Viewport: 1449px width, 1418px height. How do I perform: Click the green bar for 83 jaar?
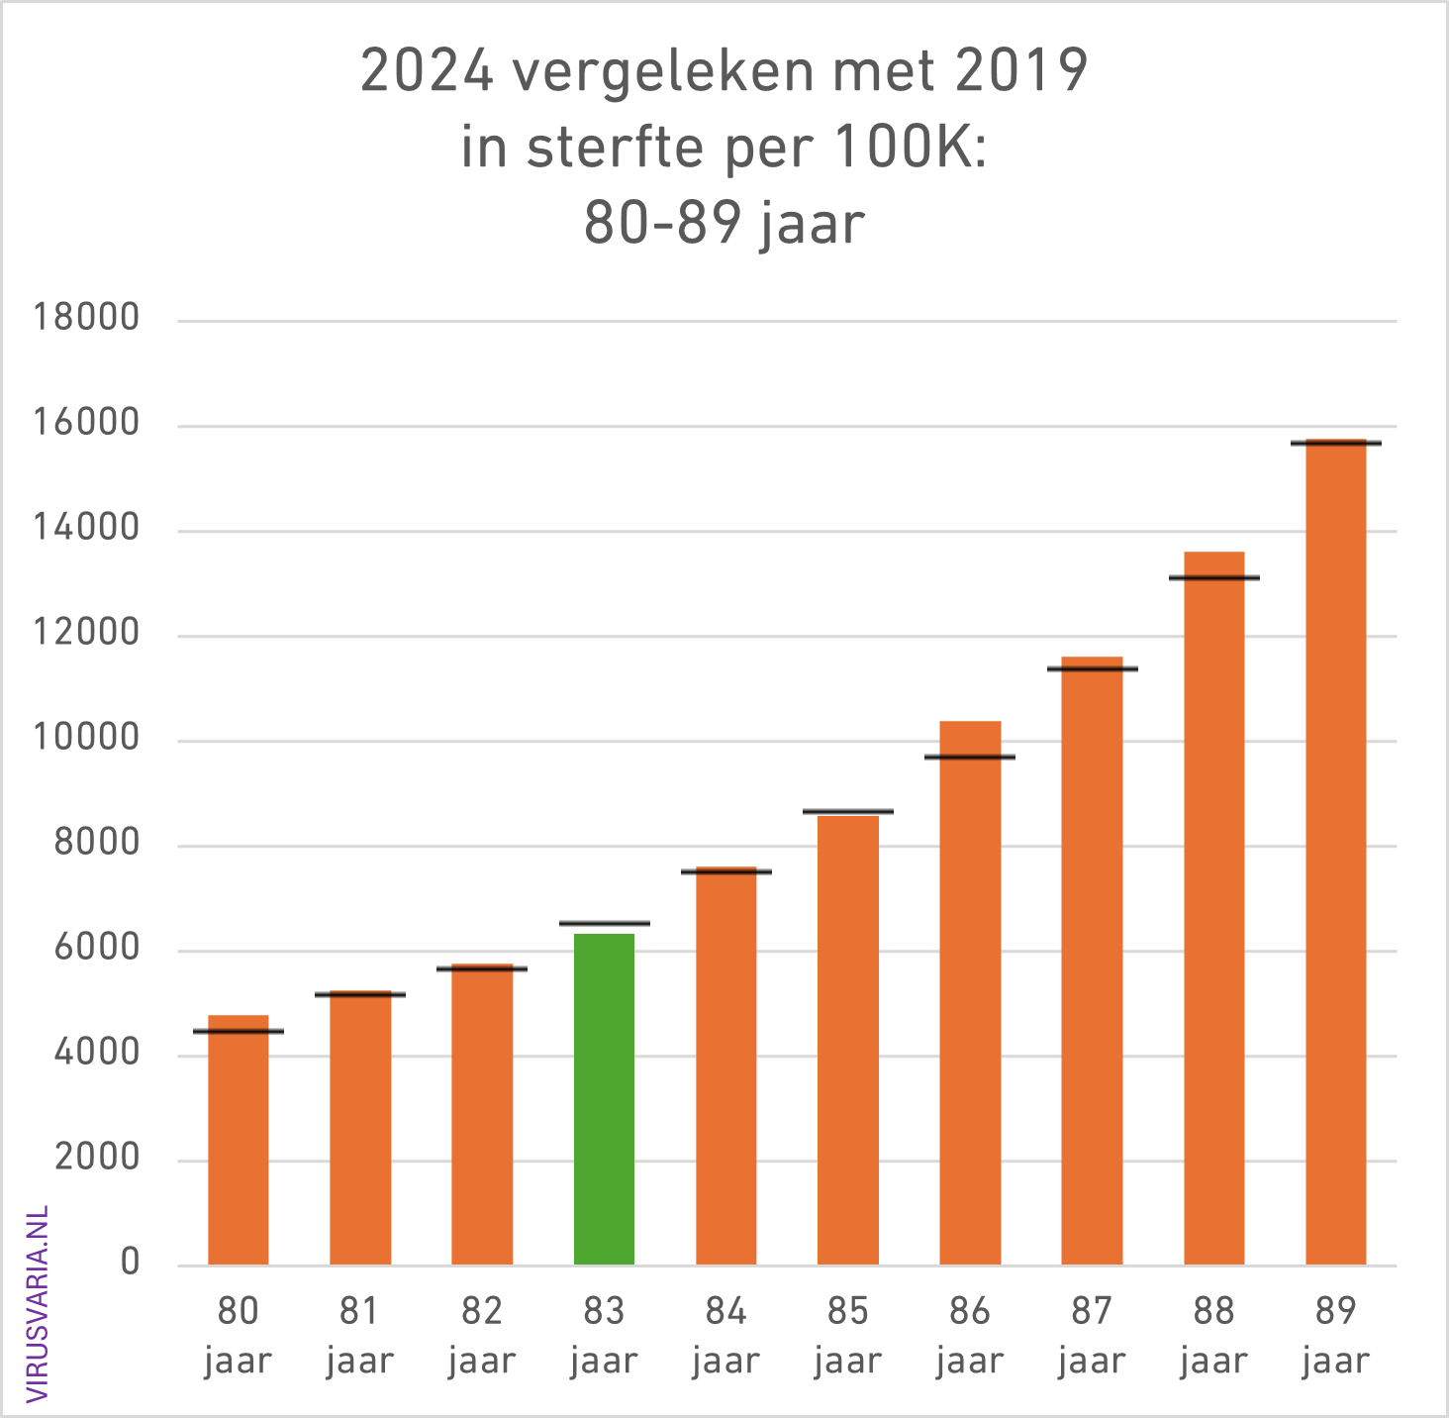pyautogui.click(x=604, y=1099)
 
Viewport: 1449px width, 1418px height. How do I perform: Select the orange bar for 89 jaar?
pyautogui.click(x=1335, y=852)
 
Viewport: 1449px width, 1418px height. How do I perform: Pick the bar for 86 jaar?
pyautogui.click(x=970, y=990)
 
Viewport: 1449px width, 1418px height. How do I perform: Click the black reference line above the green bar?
pyautogui.click(x=604, y=923)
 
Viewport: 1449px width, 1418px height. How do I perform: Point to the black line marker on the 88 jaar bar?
pyautogui.click(x=1213, y=577)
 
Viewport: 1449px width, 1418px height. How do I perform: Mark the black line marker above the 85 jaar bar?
pyautogui.click(x=848, y=811)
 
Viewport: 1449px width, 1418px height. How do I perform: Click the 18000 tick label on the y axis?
pyautogui.click(x=86, y=319)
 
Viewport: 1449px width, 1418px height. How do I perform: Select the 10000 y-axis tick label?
pyautogui.click(x=86, y=739)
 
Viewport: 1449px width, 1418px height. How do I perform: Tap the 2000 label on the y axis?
pyautogui.click(x=97, y=1159)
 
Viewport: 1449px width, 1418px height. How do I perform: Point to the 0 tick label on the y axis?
pyautogui.click(x=130, y=1264)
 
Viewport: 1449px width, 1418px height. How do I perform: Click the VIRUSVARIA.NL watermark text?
pyautogui.click(x=38, y=1303)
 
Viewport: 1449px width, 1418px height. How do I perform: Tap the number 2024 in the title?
pyautogui.click(x=427, y=71)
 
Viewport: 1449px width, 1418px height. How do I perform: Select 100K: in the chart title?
pyautogui.click(x=911, y=148)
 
